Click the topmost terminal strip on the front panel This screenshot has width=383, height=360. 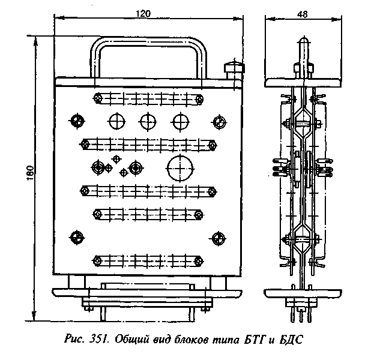point(146,98)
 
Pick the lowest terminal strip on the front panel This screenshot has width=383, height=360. point(146,260)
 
